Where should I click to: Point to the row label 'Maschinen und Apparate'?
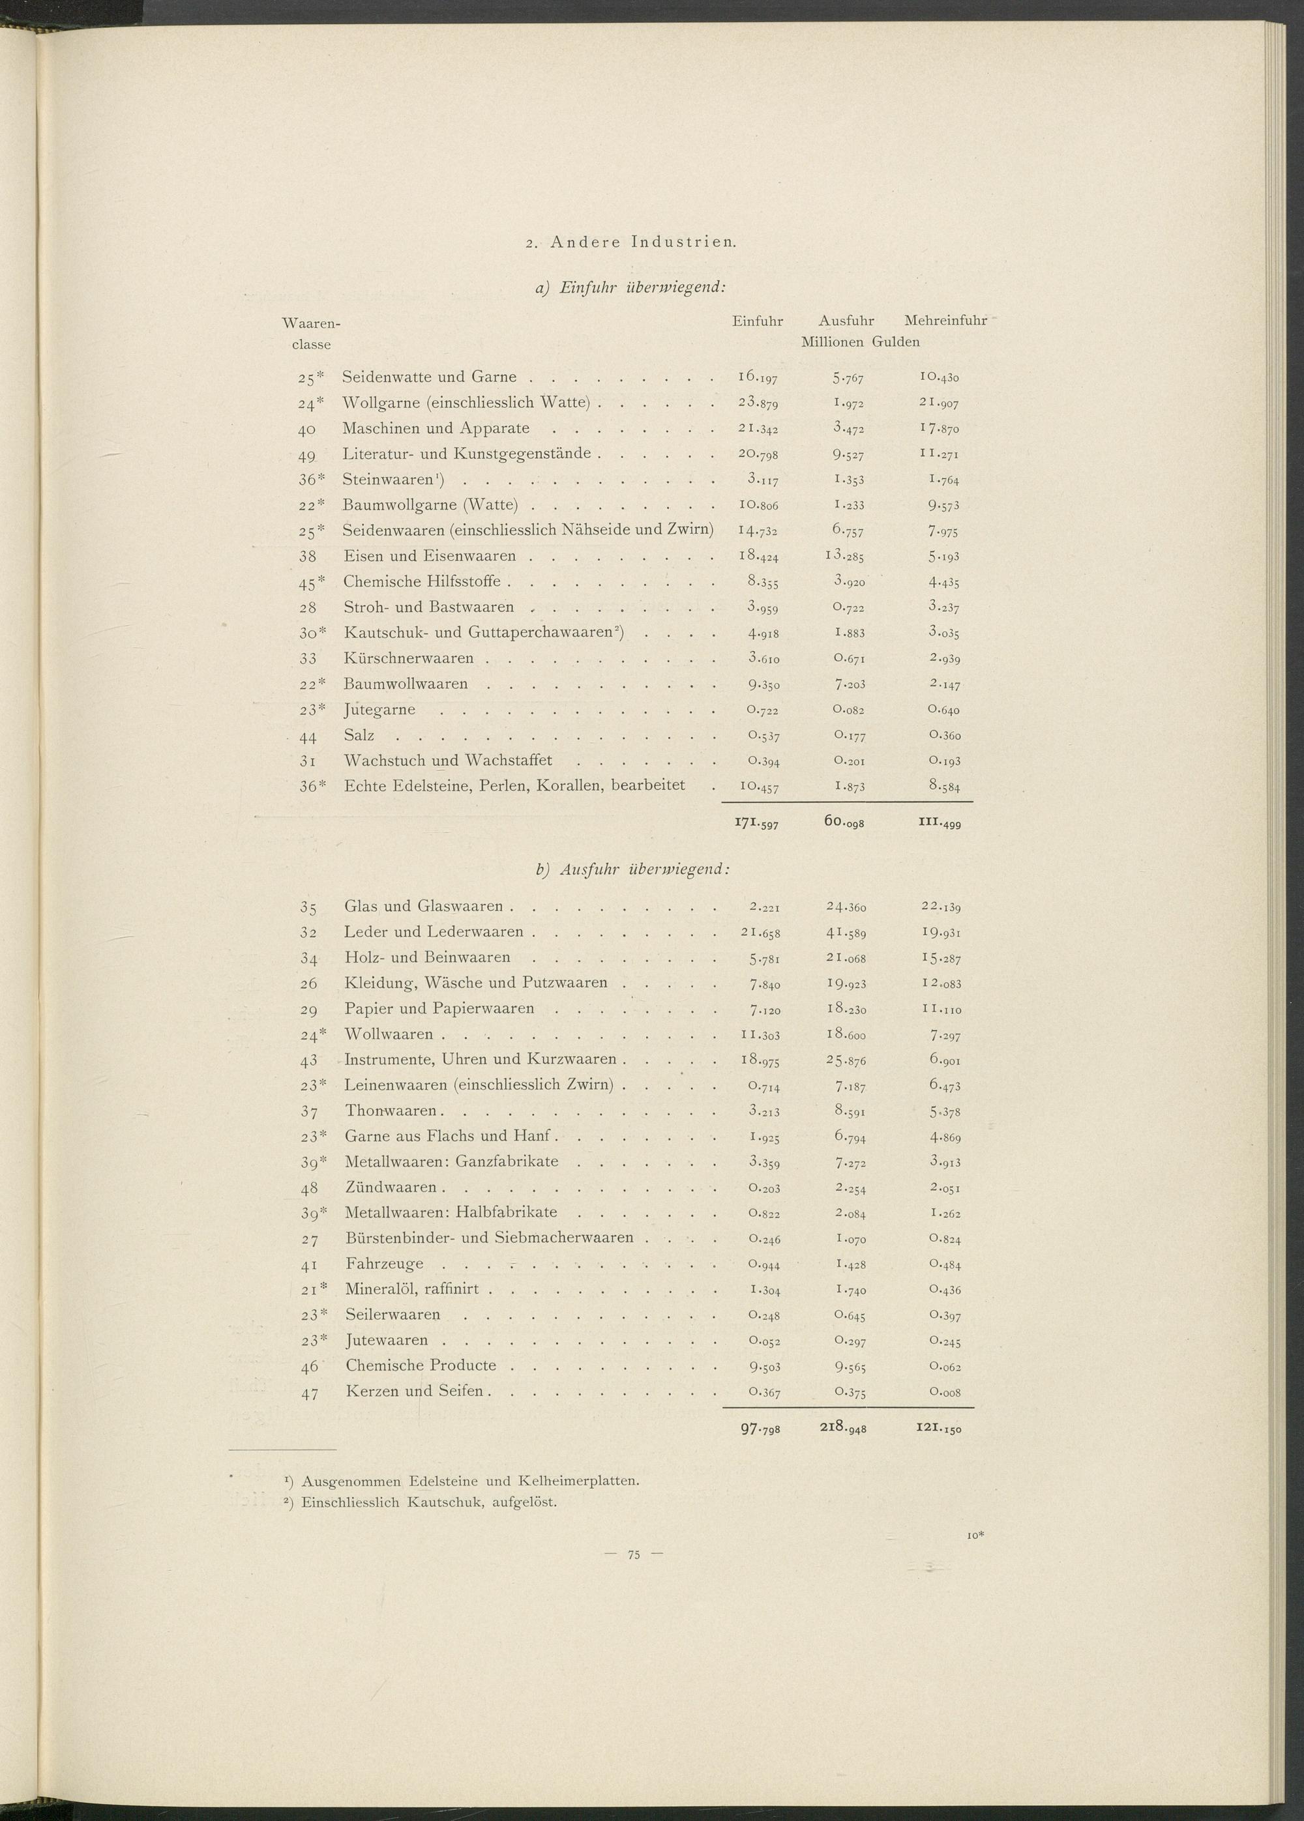pos(436,429)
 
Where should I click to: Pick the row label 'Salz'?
pos(359,735)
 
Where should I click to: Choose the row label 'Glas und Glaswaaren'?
pos(424,907)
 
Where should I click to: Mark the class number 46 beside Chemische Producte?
pos(309,1367)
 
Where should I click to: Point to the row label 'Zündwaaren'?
pos(391,1187)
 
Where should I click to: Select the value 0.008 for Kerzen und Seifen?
pos(944,1392)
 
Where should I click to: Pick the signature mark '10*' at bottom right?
pos(975,1536)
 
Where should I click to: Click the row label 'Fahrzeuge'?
pos(385,1264)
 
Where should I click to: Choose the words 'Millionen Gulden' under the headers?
pos(860,342)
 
